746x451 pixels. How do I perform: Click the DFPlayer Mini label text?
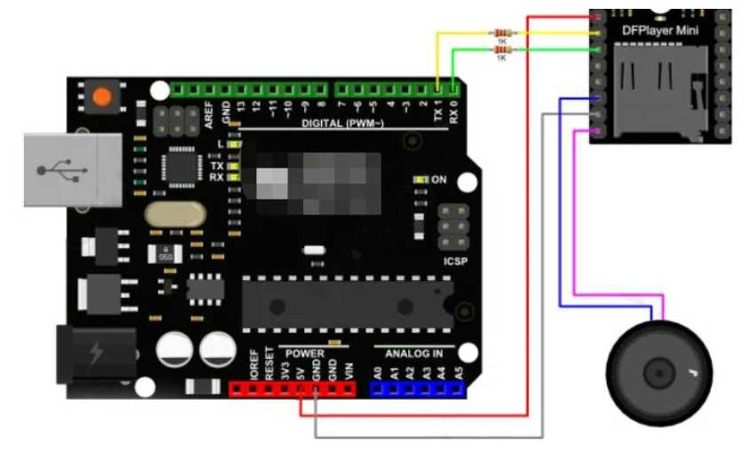[660, 32]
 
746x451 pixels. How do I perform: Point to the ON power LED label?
[438, 180]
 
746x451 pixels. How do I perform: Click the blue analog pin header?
[419, 388]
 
